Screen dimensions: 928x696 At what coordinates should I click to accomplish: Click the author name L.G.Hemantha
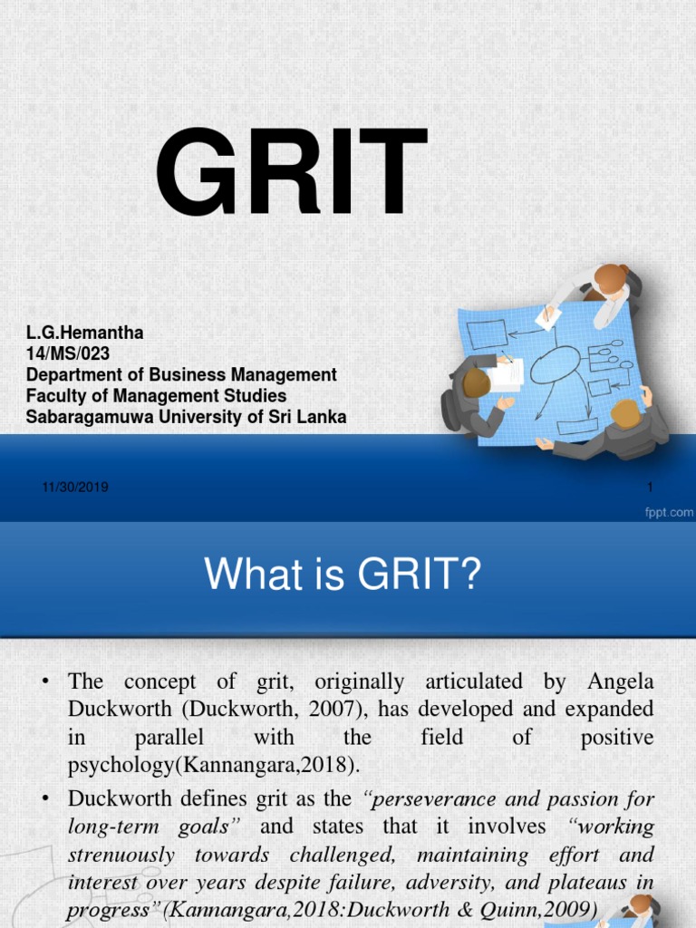84,333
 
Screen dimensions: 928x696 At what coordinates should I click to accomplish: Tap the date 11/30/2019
75,488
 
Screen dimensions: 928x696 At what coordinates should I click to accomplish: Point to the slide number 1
650,488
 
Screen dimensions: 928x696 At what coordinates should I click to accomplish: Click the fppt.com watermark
668,513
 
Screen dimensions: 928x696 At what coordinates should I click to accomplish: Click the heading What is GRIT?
340,575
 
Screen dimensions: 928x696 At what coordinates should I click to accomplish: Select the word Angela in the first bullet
621,681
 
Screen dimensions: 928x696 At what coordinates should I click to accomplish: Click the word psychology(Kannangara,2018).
214,765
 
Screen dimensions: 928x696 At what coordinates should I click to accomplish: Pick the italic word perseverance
431,799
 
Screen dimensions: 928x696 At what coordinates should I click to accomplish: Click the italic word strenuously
121,855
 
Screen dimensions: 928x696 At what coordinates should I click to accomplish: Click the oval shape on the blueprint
554,364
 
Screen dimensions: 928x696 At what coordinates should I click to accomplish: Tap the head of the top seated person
610,277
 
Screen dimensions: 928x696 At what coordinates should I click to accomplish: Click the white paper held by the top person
548,316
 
